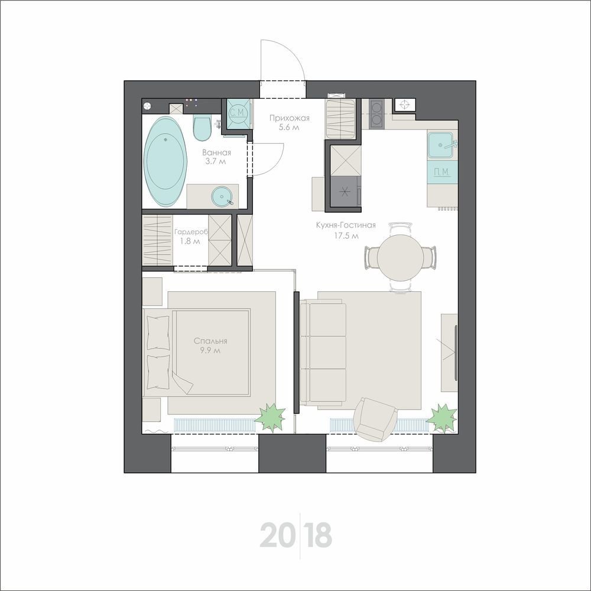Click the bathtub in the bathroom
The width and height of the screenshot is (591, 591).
coord(166,162)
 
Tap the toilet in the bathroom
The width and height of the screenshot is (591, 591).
coord(202,128)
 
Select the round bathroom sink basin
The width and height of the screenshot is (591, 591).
coord(222,197)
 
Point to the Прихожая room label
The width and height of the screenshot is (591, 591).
coord(289,118)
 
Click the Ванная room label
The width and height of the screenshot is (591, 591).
coord(216,152)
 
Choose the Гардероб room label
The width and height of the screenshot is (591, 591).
coord(191,232)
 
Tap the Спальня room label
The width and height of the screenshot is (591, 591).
coord(210,341)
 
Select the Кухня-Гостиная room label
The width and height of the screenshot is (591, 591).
coord(346,225)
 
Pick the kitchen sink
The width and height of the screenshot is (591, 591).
coord(440,145)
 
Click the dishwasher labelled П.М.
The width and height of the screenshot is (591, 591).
coord(442,172)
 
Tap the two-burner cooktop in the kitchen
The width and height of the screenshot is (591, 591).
coord(376,113)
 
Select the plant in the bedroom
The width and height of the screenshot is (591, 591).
coord(270,417)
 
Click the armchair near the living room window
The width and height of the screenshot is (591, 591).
coord(374,420)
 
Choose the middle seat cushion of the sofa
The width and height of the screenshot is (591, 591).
coord(327,352)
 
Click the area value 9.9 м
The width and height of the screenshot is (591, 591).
coord(210,350)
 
